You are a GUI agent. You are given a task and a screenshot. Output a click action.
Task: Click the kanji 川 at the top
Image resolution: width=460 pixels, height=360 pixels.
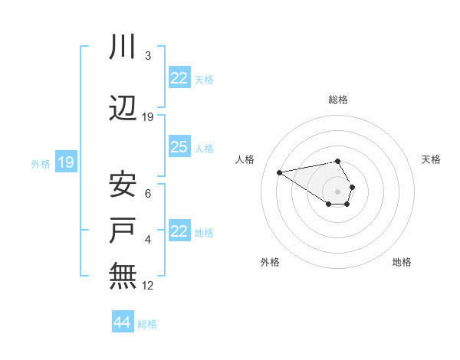pos(123,47)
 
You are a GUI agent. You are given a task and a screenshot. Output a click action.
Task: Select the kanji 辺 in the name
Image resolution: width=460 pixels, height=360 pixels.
pos(123,110)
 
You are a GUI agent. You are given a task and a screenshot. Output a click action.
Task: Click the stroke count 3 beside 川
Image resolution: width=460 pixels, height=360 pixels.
pos(147,56)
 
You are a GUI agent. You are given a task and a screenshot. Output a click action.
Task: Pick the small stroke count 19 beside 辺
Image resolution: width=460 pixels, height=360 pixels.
pos(148,117)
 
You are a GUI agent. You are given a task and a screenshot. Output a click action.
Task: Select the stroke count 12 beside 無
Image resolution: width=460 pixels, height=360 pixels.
pos(148,286)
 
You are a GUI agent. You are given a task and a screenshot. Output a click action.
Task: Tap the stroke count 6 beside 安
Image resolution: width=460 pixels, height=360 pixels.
pos(147,194)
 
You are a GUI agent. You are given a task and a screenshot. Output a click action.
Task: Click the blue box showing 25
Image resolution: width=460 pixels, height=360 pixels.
pos(179,147)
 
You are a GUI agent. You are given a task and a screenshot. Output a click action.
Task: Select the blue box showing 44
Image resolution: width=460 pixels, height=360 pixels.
pos(122,322)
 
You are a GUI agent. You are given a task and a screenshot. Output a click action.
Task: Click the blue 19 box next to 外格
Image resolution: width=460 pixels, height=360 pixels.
pos(65,162)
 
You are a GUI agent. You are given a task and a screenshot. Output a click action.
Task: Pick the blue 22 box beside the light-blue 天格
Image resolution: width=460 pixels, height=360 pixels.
pos(179,78)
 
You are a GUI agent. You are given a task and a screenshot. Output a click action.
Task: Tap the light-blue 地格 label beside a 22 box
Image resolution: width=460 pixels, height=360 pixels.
pos(204,232)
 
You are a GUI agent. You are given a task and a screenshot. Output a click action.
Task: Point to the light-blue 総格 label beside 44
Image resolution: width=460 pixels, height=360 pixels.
pos(147,324)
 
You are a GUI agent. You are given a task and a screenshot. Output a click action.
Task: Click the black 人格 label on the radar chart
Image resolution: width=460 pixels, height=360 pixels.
pos(245,159)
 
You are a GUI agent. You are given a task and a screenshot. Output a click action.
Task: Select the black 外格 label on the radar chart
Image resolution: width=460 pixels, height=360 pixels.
pos(270,262)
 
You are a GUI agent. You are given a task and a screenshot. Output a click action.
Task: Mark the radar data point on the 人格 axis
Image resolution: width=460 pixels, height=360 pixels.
pos(279,172)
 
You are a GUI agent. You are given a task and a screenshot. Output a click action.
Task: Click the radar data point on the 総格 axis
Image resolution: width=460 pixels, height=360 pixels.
pos(337,161)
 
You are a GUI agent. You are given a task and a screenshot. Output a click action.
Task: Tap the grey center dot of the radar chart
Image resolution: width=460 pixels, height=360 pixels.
pos(337,191)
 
